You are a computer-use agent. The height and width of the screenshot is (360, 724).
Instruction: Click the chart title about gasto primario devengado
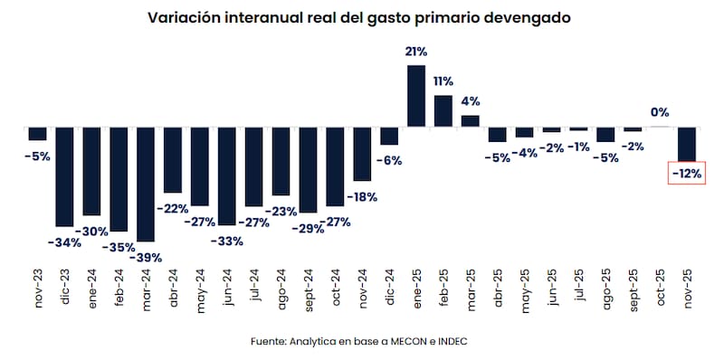362,17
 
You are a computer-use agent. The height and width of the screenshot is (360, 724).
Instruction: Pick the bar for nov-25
687,143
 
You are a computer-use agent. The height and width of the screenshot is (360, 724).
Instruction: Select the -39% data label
145,257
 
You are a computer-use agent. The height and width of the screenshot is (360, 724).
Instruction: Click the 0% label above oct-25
660,112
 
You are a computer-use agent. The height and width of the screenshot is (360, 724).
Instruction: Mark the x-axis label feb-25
443,289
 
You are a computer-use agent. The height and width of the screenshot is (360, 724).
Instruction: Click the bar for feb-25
443,110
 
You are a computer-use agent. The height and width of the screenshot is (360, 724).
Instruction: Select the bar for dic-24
389,136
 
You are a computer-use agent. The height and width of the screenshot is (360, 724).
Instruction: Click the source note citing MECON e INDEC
362,341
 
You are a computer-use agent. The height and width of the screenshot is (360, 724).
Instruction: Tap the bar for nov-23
37,133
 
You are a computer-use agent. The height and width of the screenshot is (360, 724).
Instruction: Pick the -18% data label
365,195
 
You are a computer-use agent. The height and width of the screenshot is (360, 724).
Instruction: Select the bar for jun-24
226,175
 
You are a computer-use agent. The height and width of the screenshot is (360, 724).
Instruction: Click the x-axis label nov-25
687,289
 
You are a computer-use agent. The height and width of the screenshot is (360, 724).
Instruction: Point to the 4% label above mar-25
471,101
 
